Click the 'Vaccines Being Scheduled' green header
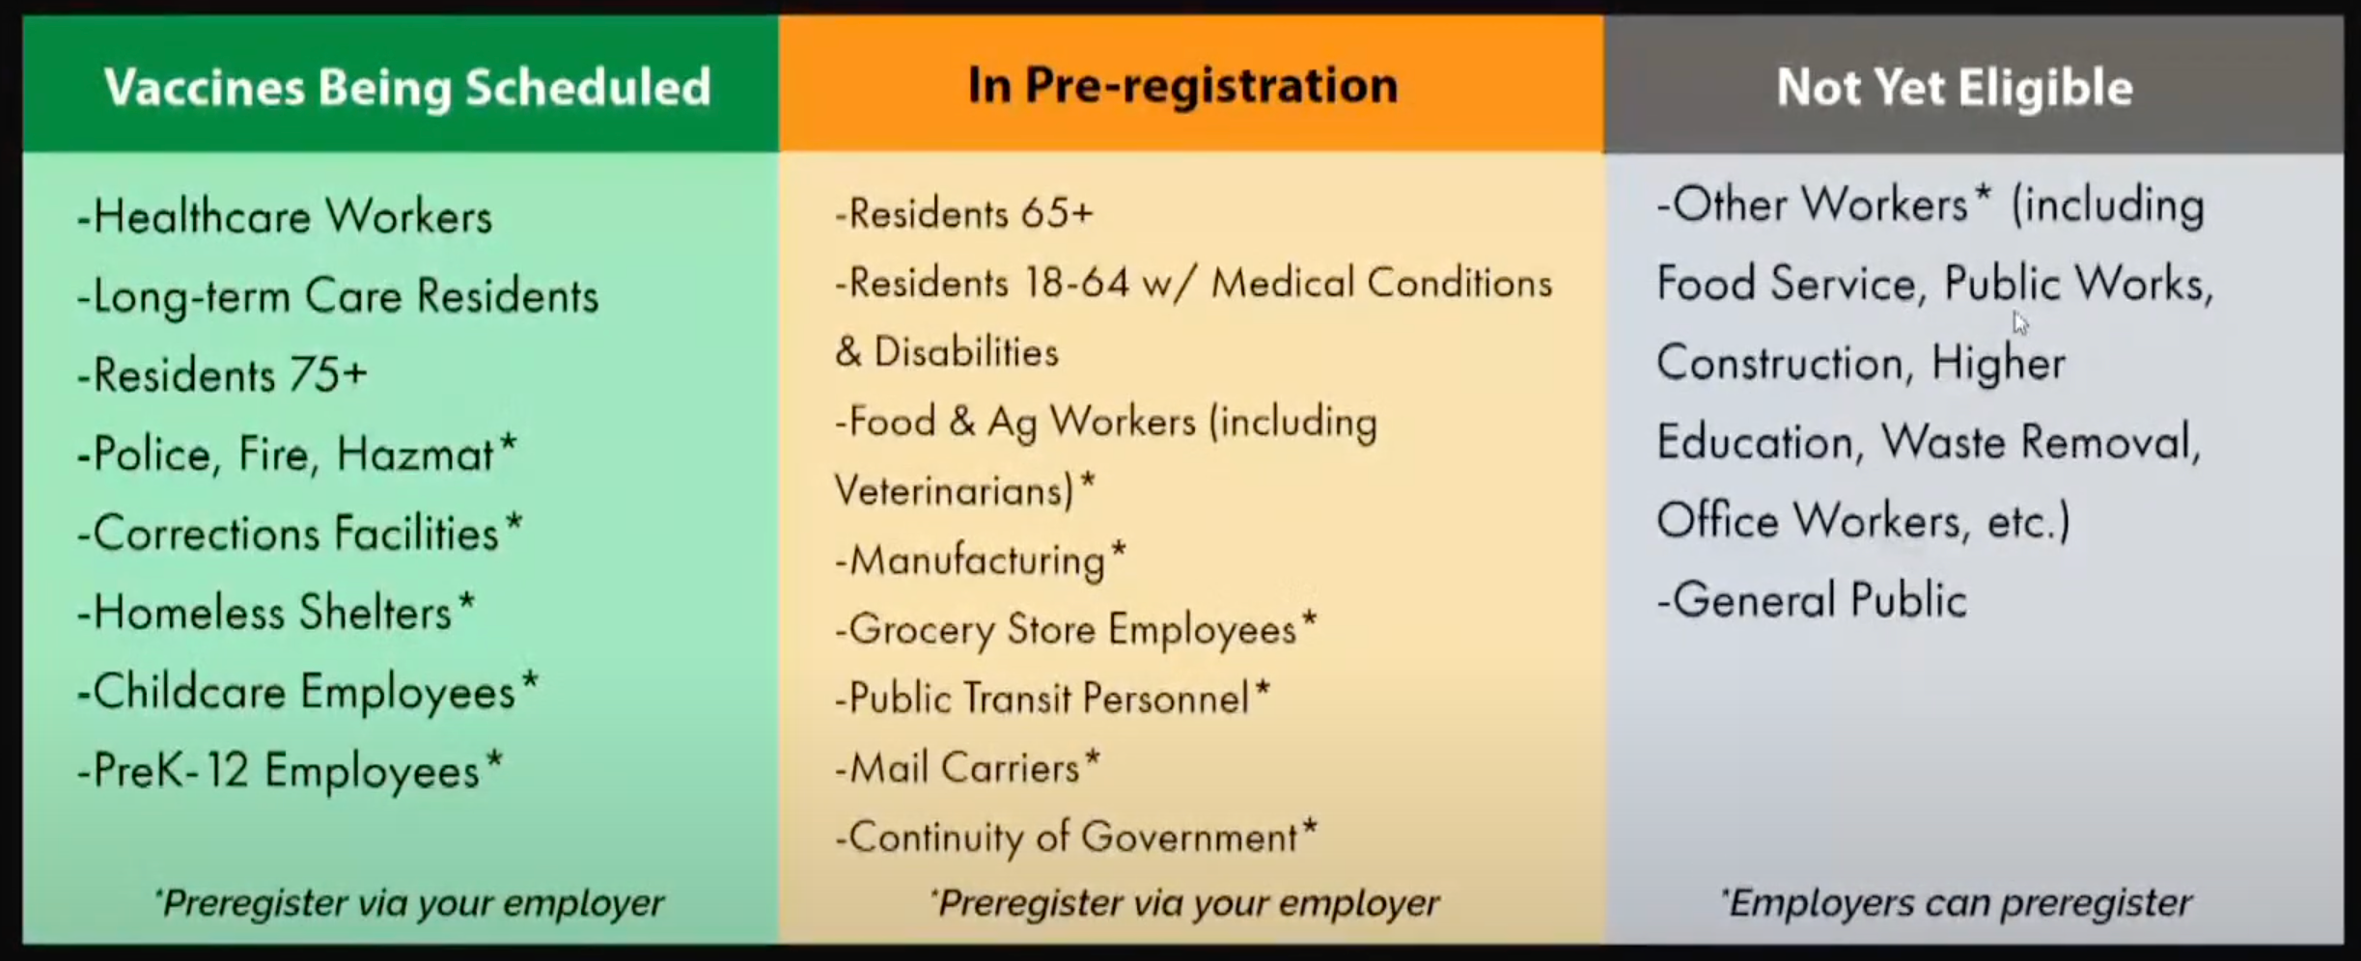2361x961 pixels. pyautogui.click(x=407, y=87)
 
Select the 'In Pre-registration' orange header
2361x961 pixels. pyautogui.click(x=1182, y=85)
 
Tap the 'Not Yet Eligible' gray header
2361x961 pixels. pyautogui.click(x=1955, y=87)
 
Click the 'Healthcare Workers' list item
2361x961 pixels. pyautogui.click(x=285, y=216)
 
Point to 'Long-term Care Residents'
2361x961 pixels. pyautogui.click(x=338, y=295)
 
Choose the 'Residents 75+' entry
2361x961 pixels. pyautogui.click(x=222, y=374)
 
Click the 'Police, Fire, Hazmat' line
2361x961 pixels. pyautogui.click(x=297, y=454)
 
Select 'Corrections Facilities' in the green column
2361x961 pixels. pyautogui.click(x=299, y=533)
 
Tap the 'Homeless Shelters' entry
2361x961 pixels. pyautogui.click(x=276, y=613)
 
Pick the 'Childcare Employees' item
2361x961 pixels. pyautogui.click(x=308, y=692)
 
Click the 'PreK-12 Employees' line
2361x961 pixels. pyautogui.click(x=291, y=771)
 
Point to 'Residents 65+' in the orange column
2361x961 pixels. pyautogui.click(x=964, y=213)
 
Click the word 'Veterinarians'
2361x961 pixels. pyautogui.click(x=954, y=490)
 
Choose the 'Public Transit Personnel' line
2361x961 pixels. pyautogui.click(x=1053, y=699)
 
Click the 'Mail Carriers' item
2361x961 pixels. pyautogui.click(x=968, y=768)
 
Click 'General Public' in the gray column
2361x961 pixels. pyautogui.click(x=1812, y=600)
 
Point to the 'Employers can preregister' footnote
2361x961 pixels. pyautogui.click(x=1956, y=903)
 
